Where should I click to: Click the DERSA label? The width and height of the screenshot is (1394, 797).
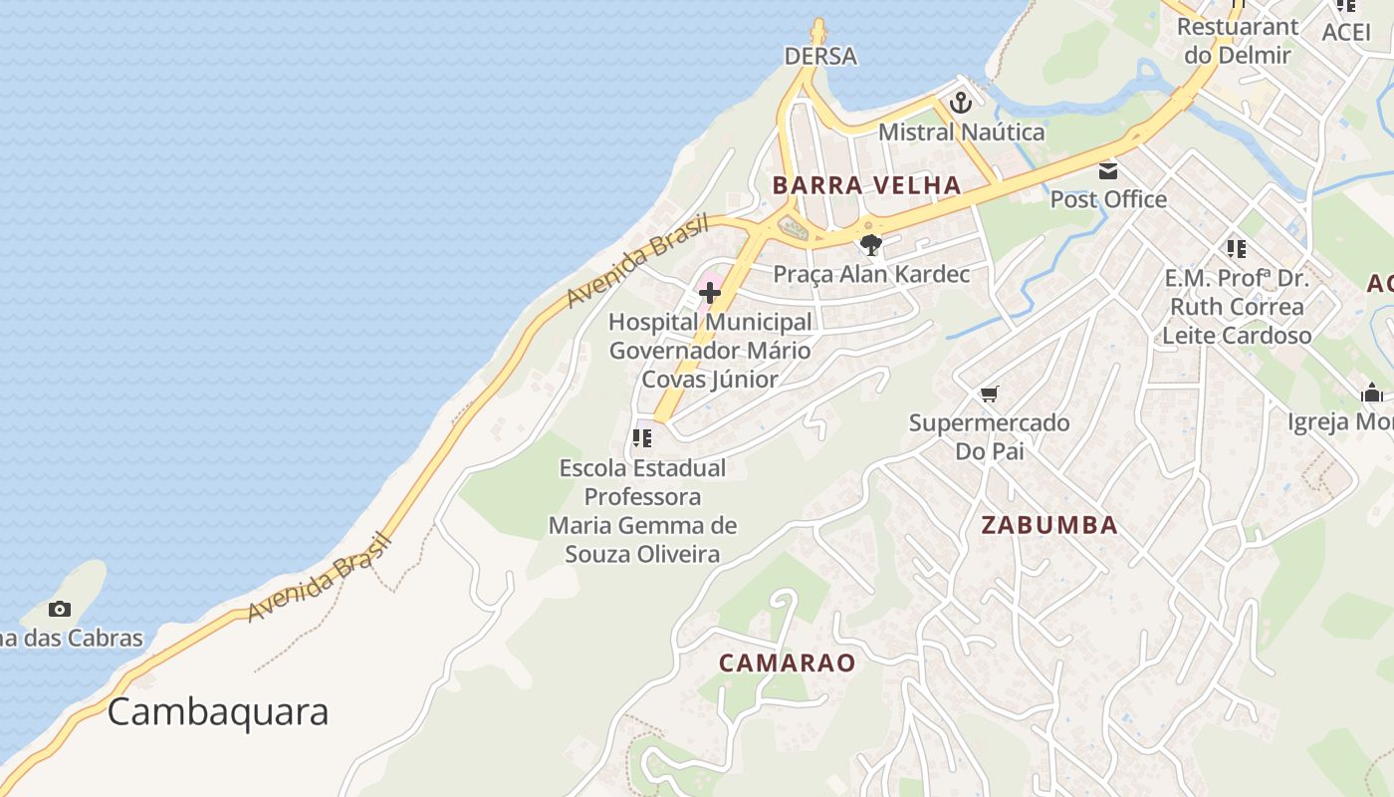tap(820, 56)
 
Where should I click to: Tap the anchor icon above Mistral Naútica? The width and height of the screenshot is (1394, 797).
tap(961, 102)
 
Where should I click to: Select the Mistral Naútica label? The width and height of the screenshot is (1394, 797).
tap(961, 132)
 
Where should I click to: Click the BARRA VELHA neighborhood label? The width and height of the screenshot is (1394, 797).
tap(866, 184)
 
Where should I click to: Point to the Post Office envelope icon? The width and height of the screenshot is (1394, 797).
tap(1108, 170)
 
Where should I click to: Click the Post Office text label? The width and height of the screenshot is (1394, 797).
tap(1108, 199)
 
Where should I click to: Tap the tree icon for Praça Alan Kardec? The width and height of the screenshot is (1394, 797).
tap(871, 245)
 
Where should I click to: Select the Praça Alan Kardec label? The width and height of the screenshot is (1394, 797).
tap(871, 273)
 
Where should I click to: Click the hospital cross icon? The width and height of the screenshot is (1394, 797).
tap(710, 293)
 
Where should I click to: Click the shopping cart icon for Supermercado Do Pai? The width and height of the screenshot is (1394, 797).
tap(989, 395)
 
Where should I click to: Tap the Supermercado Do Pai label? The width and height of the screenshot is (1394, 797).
tap(989, 436)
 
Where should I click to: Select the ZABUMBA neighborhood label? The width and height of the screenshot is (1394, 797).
tap(1049, 525)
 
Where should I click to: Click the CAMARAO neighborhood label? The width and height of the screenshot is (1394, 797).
tap(788, 663)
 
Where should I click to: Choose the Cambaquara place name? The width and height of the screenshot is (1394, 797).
tap(218, 712)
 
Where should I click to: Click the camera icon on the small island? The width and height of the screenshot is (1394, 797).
tap(60, 609)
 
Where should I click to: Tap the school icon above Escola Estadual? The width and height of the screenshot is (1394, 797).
tap(642, 437)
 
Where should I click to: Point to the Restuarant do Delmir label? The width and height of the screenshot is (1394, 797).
tap(1238, 41)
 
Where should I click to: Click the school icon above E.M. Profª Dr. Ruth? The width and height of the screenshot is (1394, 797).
tap(1237, 248)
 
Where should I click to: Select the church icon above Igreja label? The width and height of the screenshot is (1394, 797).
tap(1372, 394)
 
